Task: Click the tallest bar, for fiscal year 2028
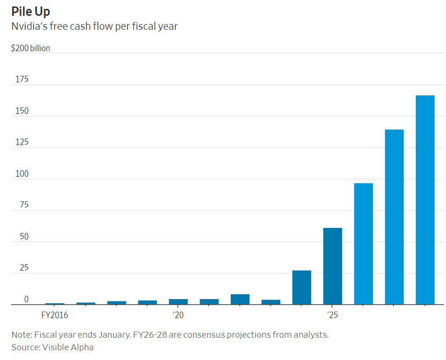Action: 425,200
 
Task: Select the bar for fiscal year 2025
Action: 332,266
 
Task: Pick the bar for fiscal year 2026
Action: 363,244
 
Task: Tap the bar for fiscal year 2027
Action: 394,217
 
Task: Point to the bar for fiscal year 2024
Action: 302,287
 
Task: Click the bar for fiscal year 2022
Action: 240,300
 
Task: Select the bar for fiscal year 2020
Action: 178,302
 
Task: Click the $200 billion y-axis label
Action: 30,48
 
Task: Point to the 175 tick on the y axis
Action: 22,79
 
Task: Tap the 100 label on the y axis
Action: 22,173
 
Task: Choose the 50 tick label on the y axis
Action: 24,236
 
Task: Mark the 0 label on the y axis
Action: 27,299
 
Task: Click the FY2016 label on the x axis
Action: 54,315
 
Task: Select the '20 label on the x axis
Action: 178,315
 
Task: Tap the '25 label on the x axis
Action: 332,315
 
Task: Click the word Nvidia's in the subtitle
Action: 29,27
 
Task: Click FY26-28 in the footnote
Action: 150,335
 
